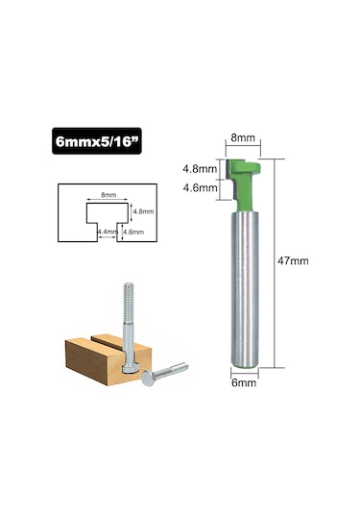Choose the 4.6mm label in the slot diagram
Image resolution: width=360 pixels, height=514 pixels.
click(x=132, y=232)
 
